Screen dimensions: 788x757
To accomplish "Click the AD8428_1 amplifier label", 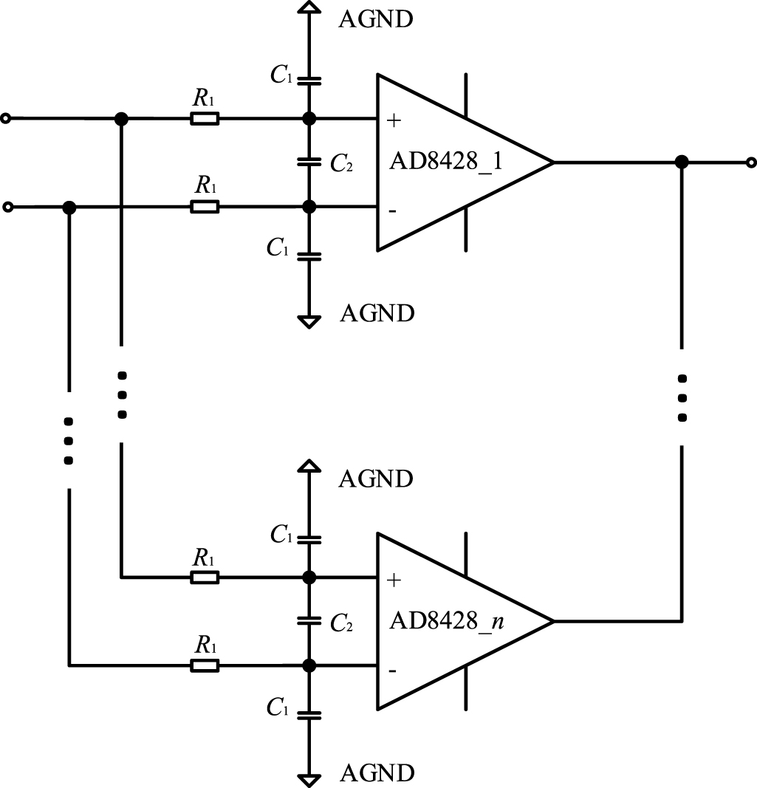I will click(446, 162).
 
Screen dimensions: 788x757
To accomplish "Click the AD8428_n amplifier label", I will click(446, 621).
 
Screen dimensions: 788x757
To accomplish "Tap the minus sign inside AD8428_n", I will click(392, 671).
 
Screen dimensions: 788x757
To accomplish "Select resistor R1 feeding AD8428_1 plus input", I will click(205, 118).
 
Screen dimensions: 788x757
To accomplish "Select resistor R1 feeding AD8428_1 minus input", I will click(205, 208).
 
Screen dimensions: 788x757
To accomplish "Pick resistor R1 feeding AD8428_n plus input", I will click(205, 577).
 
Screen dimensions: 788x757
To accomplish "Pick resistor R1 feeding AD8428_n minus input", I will click(205, 666).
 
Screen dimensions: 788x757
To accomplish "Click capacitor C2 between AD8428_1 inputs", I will click(309, 162).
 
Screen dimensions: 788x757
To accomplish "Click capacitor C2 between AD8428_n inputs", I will click(309, 621).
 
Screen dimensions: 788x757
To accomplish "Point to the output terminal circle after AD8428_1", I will click(750, 162).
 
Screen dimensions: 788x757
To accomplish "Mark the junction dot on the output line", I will click(682, 162).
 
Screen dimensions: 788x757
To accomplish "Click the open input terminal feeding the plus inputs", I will click(7, 118).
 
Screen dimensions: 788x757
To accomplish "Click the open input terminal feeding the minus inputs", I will click(7, 208).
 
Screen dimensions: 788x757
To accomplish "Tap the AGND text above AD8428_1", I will click(375, 18).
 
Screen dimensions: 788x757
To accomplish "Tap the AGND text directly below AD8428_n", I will click(377, 773).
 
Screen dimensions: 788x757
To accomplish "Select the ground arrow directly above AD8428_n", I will click(309, 466).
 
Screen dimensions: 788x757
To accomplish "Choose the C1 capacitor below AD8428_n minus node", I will click(309, 714).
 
